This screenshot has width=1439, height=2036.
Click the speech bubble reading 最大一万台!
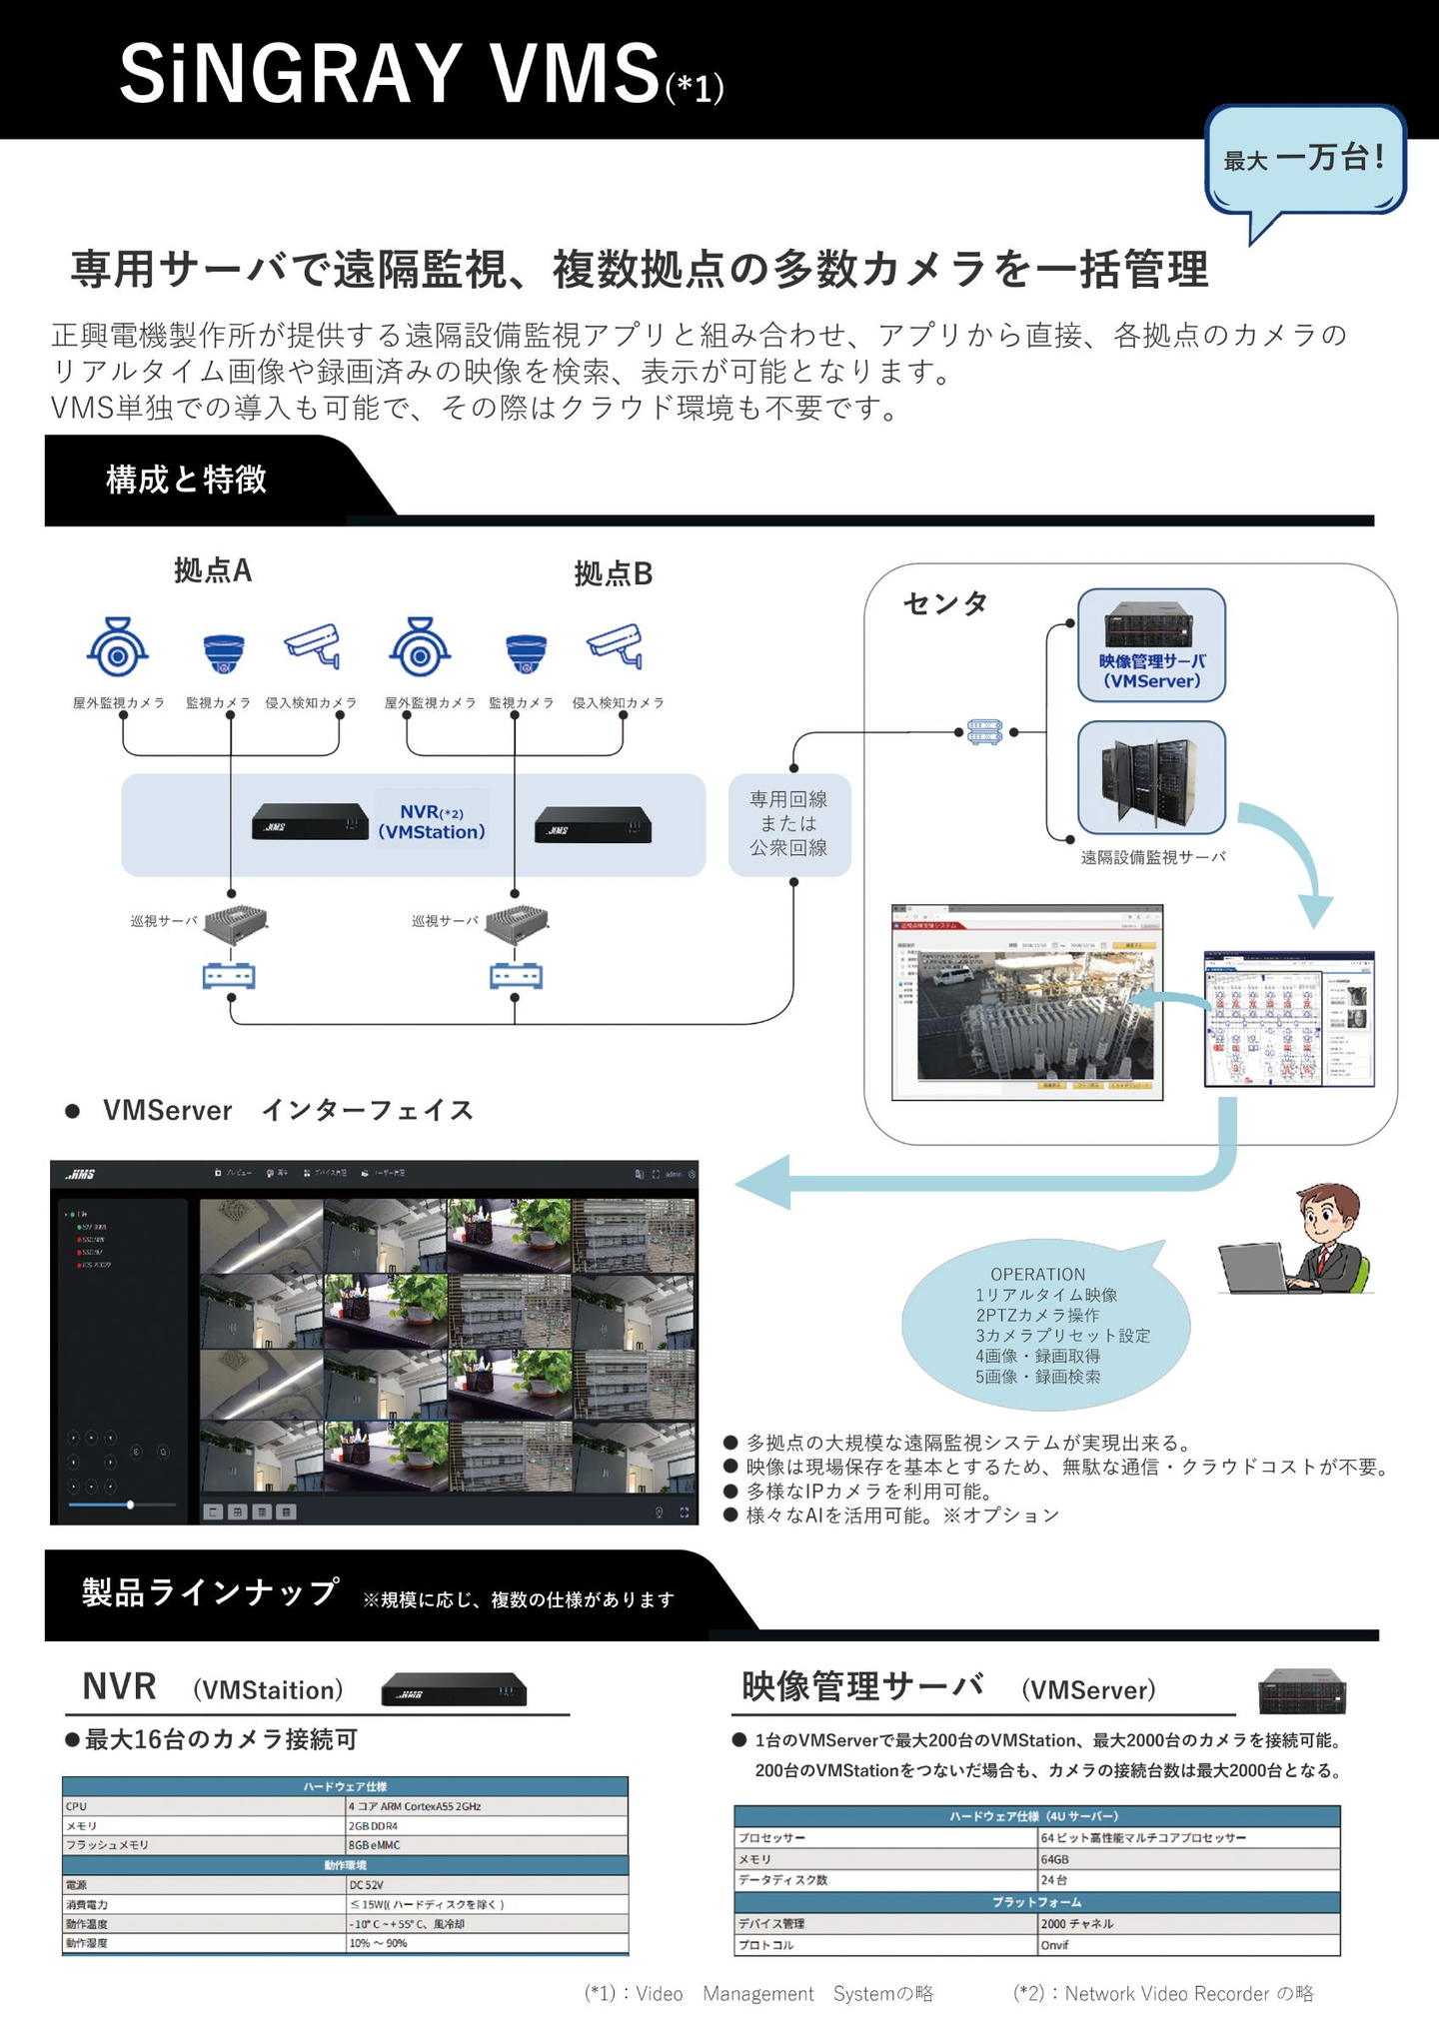pyautogui.click(x=1305, y=159)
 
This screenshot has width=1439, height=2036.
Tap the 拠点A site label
pyautogui.click(x=213, y=571)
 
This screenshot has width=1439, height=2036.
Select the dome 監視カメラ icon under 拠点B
pyautogui.click(x=526, y=652)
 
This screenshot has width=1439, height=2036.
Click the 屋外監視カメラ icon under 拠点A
pyautogui.click(x=118, y=647)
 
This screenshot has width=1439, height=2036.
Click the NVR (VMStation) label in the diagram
pyautogui.click(x=432, y=822)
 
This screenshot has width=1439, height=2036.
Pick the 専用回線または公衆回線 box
pyautogui.click(x=789, y=824)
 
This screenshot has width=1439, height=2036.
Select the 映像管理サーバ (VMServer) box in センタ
pyautogui.click(x=1151, y=645)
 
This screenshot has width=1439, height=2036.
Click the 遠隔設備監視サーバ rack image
pyautogui.click(x=1151, y=777)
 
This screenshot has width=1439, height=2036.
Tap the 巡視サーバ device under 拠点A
pyautogui.click(x=236, y=923)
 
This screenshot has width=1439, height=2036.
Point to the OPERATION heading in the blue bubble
pyautogui.click(x=1037, y=1275)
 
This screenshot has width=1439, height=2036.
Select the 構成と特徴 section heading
pyautogui.click(x=187, y=481)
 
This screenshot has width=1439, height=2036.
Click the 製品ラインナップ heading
pyautogui.click(x=210, y=1592)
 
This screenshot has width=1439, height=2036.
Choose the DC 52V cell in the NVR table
pyautogui.click(x=366, y=1885)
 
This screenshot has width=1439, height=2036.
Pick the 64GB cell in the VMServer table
pyautogui.click(x=1055, y=1859)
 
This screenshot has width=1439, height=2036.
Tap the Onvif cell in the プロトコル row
pyautogui.click(x=1054, y=1945)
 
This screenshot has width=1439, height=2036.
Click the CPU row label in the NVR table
pyautogui.click(x=77, y=1806)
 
